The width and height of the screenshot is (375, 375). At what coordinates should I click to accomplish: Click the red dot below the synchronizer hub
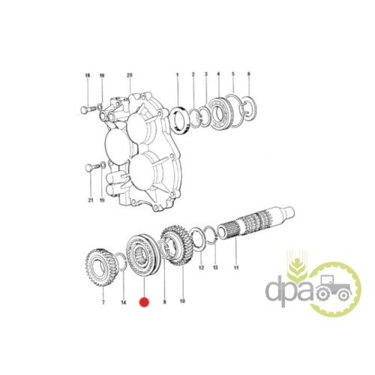click(x=144, y=302)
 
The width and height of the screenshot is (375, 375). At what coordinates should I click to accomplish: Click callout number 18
click(x=88, y=76)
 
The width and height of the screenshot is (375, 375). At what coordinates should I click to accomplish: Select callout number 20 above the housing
click(x=130, y=75)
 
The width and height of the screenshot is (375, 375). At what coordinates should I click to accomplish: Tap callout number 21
click(x=91, y=200)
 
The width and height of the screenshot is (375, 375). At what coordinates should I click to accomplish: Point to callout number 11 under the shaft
click(x=236, y=268)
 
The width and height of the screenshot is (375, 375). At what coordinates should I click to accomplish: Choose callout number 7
click(x=103, y=302)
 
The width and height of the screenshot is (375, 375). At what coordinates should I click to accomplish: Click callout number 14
click(x=124, y=303)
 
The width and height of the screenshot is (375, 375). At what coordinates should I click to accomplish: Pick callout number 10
click(x=182, y=301)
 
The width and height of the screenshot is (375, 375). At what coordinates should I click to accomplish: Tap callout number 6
click(x=249, y=74)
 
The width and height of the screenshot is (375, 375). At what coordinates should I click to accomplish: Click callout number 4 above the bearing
click(x=218, y=74)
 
